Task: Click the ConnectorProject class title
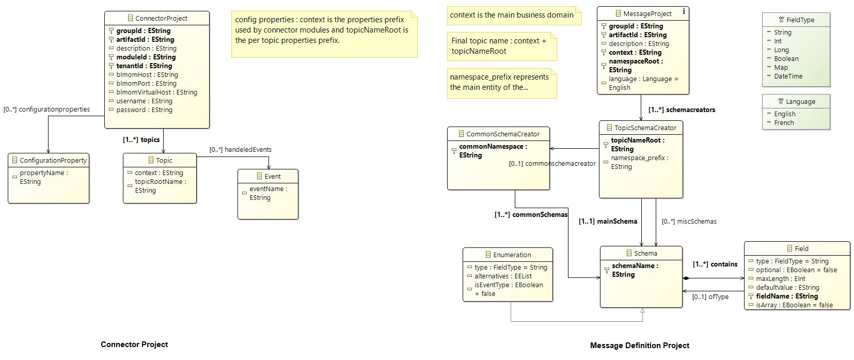tap(161, 18)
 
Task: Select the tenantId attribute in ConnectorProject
tap(144, 66)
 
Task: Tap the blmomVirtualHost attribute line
tap(156, 92)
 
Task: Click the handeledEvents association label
tap(240, 149)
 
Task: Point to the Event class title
tap(273, 176)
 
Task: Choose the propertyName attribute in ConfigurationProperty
tap(44, 177)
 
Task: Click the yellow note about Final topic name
tap(502, 46)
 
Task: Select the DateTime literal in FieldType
tap(788, 76)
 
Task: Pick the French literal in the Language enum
tap(784, 123)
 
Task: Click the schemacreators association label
tap(682, 110)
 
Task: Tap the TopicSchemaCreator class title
tap(645, 128)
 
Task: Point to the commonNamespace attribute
tap(493, 151)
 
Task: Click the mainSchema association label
tap(608, 221)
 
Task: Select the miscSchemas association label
tap(689, 221)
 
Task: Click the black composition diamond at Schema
tap(686, 278)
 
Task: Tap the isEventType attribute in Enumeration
tap(509, 289)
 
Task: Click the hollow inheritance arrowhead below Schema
tap(642, 310)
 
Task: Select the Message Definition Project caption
tap(640, 346)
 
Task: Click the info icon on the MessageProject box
tap(684, 11)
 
